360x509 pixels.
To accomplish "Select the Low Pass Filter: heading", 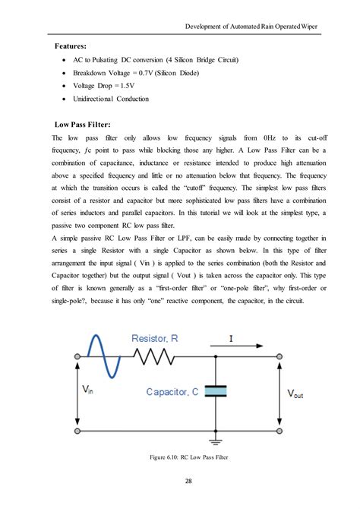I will click(x=84, y=123).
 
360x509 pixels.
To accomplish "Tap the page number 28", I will click(x=180, y=481).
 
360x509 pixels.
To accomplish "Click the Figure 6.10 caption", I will click(x=180, y=457).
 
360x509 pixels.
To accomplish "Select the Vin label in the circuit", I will click(x=89, y=390).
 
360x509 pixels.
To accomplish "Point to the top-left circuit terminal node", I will click(x=77, y=356).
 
